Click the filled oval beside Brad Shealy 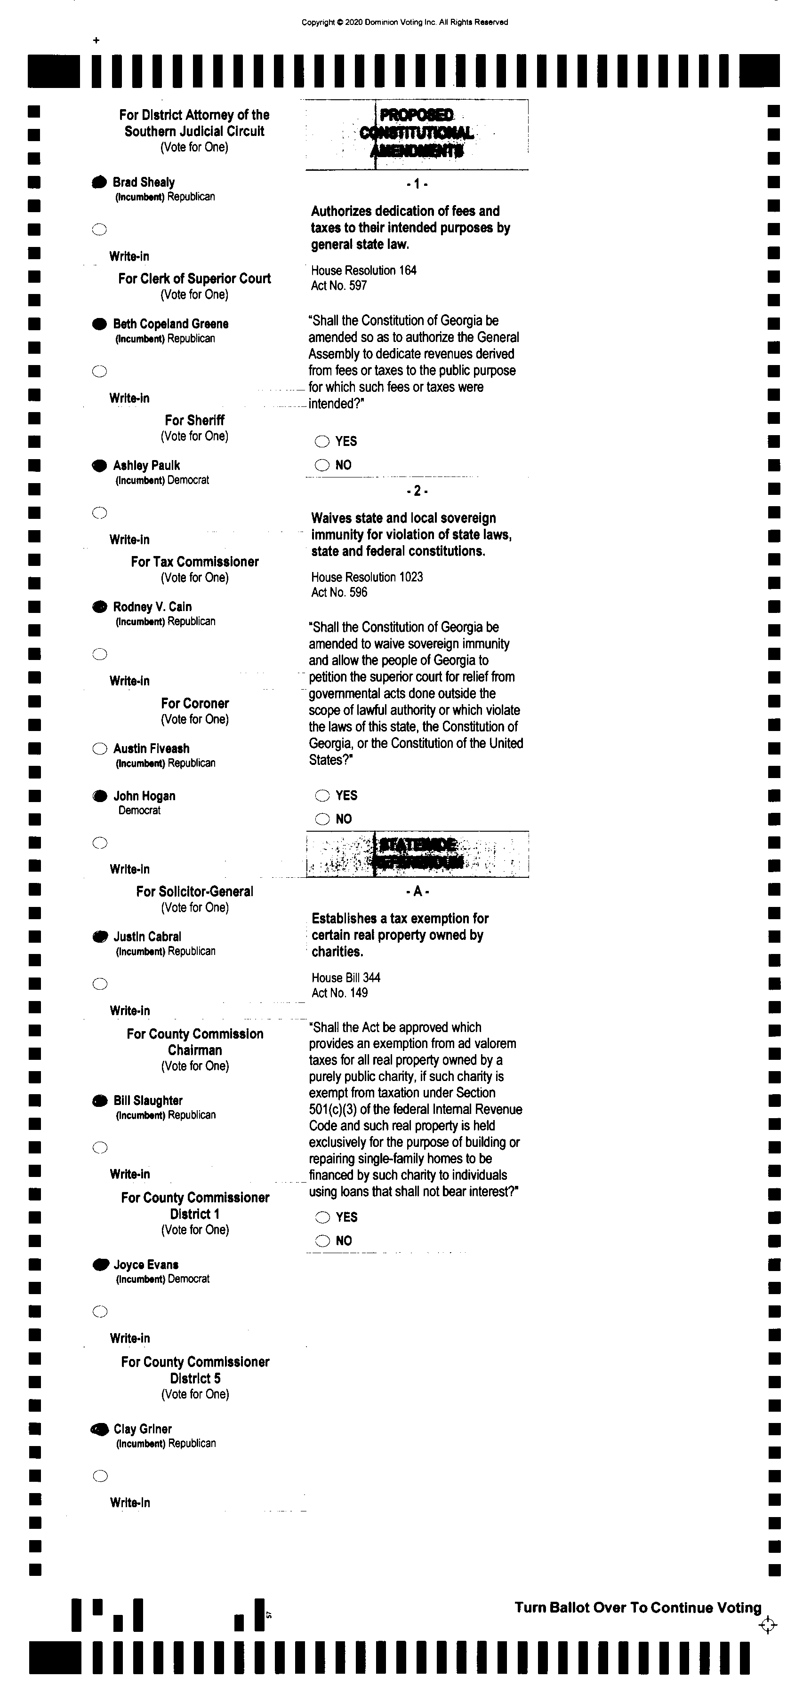[99, 182]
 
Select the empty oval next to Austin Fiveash [100, 748]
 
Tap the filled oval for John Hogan [100, 796]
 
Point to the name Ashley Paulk [146, 465]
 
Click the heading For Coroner [195, 703]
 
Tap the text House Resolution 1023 [367, 577]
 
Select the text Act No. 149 [339, 993]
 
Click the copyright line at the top [404, 23]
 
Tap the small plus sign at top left [96, 41]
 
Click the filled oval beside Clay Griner [100, 1429]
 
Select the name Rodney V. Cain [152, 607]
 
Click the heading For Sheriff [195, 420]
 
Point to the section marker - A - [418, 891]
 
